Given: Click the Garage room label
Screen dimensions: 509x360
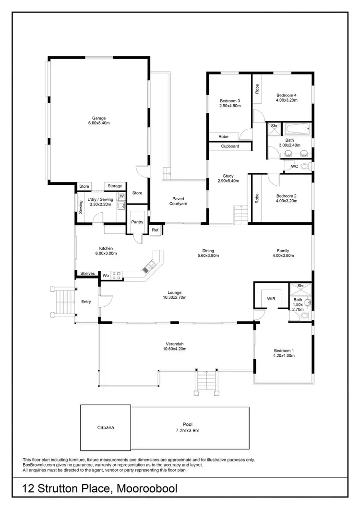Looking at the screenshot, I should point(99,118).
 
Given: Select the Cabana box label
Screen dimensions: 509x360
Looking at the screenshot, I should point(105,427).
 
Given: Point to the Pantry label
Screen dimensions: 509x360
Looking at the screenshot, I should point(137,222).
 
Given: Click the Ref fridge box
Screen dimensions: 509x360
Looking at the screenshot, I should point(155,230).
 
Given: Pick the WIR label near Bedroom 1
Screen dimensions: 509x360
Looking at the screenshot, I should point(271,299).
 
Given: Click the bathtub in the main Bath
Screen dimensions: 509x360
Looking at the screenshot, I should point(295,129).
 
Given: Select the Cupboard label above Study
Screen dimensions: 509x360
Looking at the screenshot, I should point(230,146).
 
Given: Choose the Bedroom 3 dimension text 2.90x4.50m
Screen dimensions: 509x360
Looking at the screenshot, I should point(230,106).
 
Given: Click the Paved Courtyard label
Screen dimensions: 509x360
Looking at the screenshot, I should point(178,201).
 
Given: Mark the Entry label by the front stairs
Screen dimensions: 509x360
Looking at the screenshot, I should point(86,302).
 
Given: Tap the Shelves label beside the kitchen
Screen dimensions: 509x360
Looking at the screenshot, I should point(87,274).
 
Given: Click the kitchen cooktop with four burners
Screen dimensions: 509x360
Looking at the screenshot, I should point(117,275).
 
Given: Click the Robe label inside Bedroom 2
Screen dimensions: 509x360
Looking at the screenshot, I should point(257,198).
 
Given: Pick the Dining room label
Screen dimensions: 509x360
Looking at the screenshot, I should point(208,251).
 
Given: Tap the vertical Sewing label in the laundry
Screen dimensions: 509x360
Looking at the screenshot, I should point(81,207).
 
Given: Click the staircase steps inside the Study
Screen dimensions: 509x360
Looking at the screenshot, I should point(240,214).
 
